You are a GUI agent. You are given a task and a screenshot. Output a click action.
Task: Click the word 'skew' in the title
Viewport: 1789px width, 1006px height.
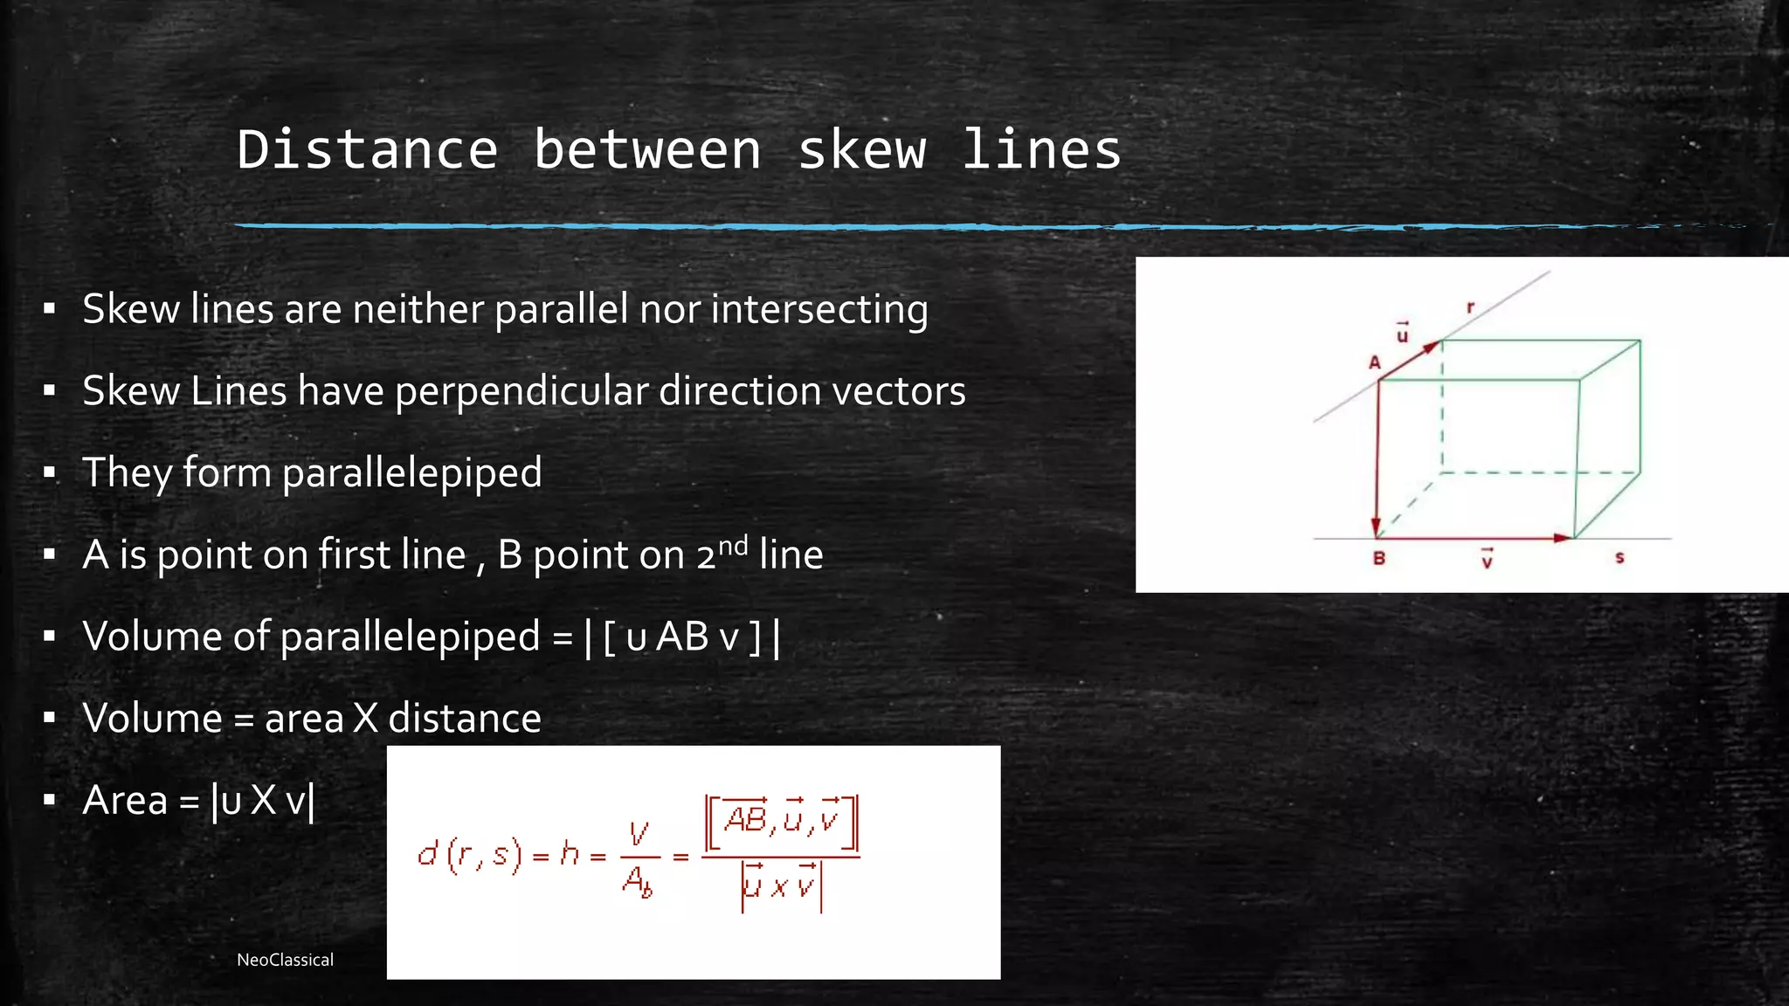click(x=861, y=150)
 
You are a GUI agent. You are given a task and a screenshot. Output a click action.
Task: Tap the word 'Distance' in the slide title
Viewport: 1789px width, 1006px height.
click(x=367, y=150)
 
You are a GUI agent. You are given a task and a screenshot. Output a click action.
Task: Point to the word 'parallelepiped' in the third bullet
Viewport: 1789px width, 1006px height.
click(x=411, y=473)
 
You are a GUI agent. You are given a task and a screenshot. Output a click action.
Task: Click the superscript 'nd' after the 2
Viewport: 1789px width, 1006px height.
click(x=732, y=546)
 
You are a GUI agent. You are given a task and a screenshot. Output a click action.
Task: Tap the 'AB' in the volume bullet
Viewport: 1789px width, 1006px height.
click(x=681, y=637)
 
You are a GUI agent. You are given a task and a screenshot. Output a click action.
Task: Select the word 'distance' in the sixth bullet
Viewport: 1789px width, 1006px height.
click(x=464, y=719)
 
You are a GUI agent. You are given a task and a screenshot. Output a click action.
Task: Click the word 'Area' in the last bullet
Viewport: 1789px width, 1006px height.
click(x=125, y=800)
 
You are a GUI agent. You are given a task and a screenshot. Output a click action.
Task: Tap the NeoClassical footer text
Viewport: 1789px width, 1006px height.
click(x=285, y=960)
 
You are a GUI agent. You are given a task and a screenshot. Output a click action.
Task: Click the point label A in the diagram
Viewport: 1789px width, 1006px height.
click(x=1374, y=363)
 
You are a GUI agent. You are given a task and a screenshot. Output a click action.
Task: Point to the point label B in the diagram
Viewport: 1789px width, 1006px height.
click(x=1378, y=558)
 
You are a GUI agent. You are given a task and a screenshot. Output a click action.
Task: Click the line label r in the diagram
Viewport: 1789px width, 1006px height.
click(x=1470, y=307)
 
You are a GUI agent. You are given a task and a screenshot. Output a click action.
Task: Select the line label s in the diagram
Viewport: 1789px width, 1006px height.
click(x=1619, y=557)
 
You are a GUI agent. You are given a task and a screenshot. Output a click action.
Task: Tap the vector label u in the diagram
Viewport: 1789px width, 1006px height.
click(x=1402, y=334)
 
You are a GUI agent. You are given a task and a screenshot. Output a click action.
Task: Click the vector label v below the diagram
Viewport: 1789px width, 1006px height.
click(x=1487, y=559)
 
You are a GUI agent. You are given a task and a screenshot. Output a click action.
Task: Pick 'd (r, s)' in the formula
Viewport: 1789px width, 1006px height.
click(x=469, y=855)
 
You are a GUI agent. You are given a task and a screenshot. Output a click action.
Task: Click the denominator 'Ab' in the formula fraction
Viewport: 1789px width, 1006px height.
click(x=637, y=881)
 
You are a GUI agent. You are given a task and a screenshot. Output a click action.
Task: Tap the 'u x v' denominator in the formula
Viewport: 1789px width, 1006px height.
click(x=780, y=885)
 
